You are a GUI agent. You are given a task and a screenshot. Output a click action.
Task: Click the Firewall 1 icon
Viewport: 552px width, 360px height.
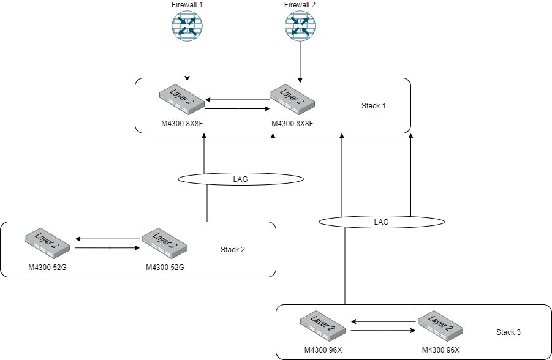(186, 27)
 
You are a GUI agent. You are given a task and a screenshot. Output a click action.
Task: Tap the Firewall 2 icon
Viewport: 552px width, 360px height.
(300, 27)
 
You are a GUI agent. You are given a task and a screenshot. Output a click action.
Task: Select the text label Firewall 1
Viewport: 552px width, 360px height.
(186, 5)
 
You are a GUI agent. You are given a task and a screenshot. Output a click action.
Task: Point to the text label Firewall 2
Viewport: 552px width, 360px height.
(300, 5)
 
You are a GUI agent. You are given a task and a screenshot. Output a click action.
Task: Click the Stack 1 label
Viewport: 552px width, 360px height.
(374, 106)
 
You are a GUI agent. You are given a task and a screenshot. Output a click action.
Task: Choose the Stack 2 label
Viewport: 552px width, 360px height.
(233, 250)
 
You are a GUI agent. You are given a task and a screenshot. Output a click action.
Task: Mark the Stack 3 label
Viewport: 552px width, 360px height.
(509, 332)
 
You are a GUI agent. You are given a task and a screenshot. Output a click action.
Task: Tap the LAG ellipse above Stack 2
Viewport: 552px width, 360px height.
(241, 179)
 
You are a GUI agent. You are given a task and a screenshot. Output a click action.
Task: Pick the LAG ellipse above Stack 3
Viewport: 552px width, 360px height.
(381, 222)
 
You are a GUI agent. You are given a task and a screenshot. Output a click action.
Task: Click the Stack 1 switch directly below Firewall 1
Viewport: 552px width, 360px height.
(181, 100)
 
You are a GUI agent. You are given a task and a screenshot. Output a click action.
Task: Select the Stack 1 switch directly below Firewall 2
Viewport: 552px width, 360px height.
(293, 100)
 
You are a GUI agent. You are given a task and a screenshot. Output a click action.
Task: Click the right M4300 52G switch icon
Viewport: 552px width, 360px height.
(165, 244)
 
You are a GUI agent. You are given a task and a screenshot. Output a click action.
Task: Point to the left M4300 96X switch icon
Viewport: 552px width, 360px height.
(323, 326)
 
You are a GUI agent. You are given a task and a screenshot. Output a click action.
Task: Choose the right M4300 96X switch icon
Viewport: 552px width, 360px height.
(440, 326)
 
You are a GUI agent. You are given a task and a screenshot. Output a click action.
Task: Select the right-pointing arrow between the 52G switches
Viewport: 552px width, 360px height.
(105, 248)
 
